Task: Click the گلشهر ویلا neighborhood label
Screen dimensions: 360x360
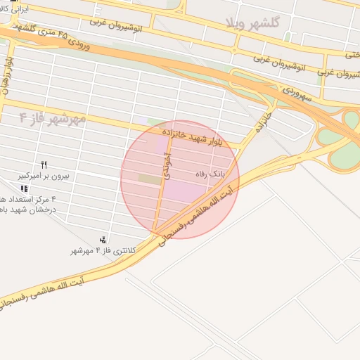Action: pyautogui.click(x=252, y=23)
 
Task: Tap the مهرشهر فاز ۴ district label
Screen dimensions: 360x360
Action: pyautogui.click(x=52, y=117)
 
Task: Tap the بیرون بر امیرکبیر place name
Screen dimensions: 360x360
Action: pyautogui.click(x=44, y=177)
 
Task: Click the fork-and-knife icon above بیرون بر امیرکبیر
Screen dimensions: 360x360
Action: pyautogui.click(x=44, y=165)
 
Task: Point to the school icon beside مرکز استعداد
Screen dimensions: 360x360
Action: pyautogui.click(x=25, y=188)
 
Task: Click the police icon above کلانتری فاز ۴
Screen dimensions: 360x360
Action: pyautogui.click(x=104, y=240)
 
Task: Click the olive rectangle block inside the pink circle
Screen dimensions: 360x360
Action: pyautogui.click(x=150, y=179)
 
